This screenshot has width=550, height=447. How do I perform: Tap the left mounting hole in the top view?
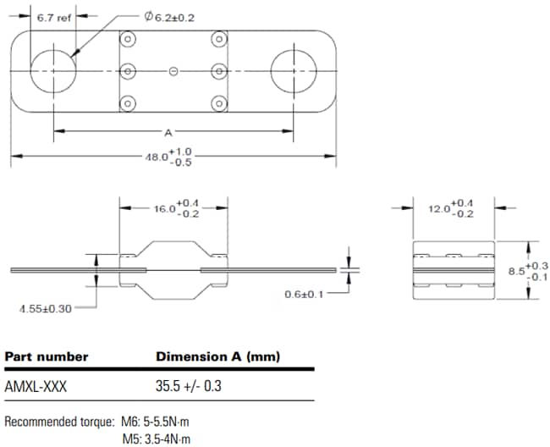pos(53,70)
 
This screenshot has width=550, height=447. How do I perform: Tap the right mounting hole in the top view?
pos(293,70)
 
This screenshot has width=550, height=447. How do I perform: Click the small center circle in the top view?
pos(173,71)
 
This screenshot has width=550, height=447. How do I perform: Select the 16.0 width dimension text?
pos(174,208)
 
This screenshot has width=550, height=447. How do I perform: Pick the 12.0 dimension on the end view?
pos(450,208)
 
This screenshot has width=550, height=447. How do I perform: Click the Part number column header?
pos(47,356)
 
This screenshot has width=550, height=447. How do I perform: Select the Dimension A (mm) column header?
pos(217,356)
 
